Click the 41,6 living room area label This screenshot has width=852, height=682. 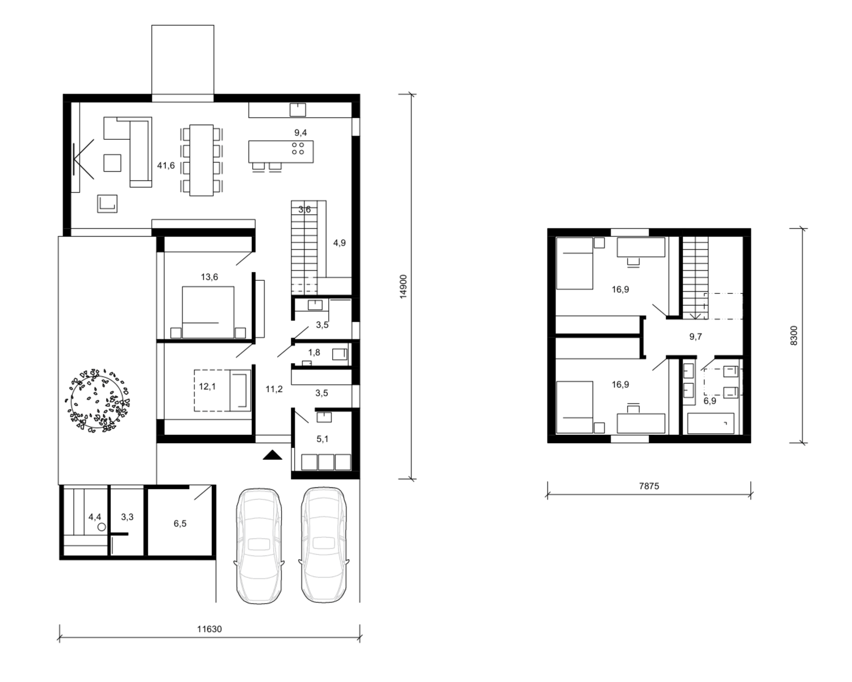coord(166,165)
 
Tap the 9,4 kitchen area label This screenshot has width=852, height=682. coord(300,133)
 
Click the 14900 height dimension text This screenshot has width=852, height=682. coord(403,286)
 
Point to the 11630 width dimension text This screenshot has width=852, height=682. coord(210,629)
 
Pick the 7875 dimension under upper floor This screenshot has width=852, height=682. coord(649,486)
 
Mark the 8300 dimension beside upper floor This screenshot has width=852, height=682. coord(794,336)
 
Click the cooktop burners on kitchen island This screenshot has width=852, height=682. coord(298,148)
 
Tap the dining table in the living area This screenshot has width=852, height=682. coord(202,160)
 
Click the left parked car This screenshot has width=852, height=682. coord(260,546)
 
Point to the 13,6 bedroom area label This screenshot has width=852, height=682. coord(210,277)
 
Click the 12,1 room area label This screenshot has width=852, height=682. coord(207,386)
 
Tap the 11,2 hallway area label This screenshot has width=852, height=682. coord(274,389)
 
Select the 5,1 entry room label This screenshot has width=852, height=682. coord(322,439)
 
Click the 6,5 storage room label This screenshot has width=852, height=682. coord(179,523)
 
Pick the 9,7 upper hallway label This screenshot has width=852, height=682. coord(696,336)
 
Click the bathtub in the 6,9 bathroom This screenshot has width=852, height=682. coord(711,423)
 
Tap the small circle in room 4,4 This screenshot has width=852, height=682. coord(102,527)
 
